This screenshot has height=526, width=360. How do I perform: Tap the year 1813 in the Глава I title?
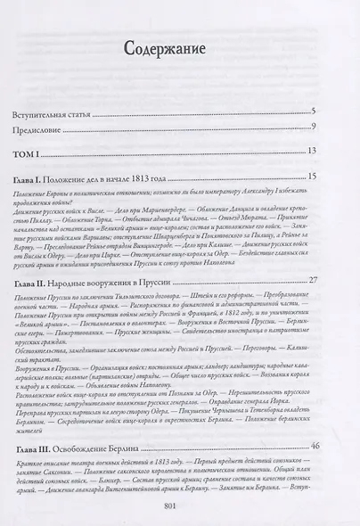point(182,177)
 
